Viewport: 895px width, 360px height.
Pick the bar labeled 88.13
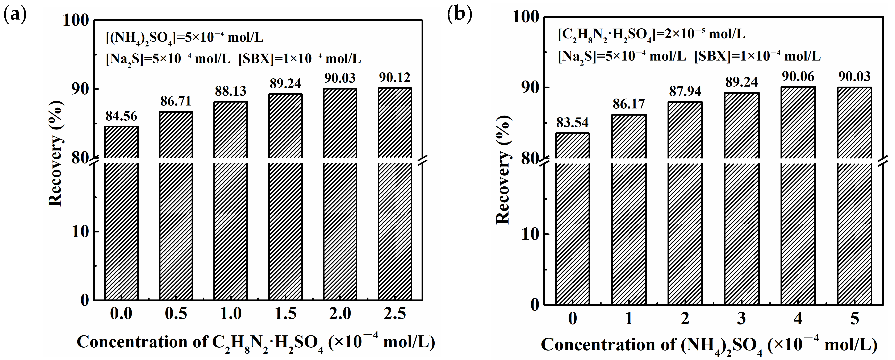pyautogui.click(x=231, y=202)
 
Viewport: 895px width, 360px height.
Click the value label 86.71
pyautogui.click(x=176, y=101)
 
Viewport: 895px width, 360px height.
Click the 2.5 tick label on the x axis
pyautogui.click(x=395, y=314)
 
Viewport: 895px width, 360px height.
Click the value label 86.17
pyautogui.click(x=629, y=104)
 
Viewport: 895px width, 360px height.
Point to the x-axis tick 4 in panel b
pyautogui.click(x=798, y=319)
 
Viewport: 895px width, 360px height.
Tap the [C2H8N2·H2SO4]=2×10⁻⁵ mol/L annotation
pyautogui.click(x=651, y=34)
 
